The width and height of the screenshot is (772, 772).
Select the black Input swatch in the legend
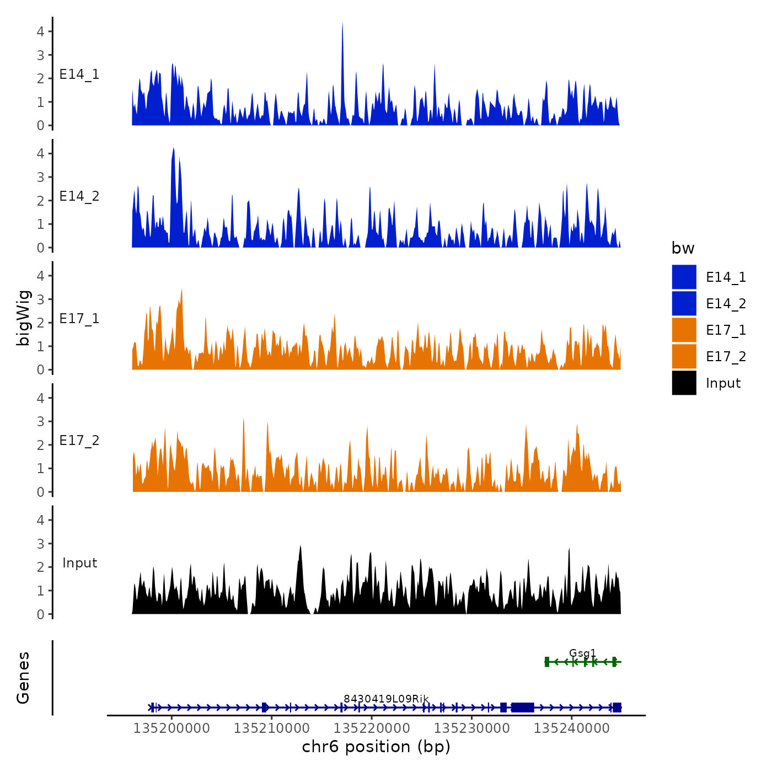click(684, 383)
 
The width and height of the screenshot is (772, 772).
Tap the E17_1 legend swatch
click(684, 330)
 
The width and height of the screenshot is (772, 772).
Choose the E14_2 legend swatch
click(684, 304)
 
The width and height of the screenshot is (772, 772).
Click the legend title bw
click(683, 249)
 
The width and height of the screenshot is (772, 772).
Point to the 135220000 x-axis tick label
click(372, 728)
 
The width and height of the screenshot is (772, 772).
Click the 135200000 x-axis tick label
click(171, 728)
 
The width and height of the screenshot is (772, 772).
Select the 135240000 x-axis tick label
click(572, 728)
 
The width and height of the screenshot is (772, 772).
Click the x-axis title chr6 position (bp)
click(376, 747)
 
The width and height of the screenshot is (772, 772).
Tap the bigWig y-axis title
click(23, 318)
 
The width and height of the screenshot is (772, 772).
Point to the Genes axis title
click(23, 678)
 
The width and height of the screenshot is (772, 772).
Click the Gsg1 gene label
click(582, 653)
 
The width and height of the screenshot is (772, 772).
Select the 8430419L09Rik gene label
click(386, 699)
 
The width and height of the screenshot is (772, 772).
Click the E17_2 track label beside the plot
click(79, 441)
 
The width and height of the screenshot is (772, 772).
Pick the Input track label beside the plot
click(79, 563)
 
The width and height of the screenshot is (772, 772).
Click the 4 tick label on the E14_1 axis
click(41, 31)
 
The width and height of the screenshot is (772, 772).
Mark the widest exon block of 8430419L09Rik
click(522, 707)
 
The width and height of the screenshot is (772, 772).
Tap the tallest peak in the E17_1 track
click(181, 291)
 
